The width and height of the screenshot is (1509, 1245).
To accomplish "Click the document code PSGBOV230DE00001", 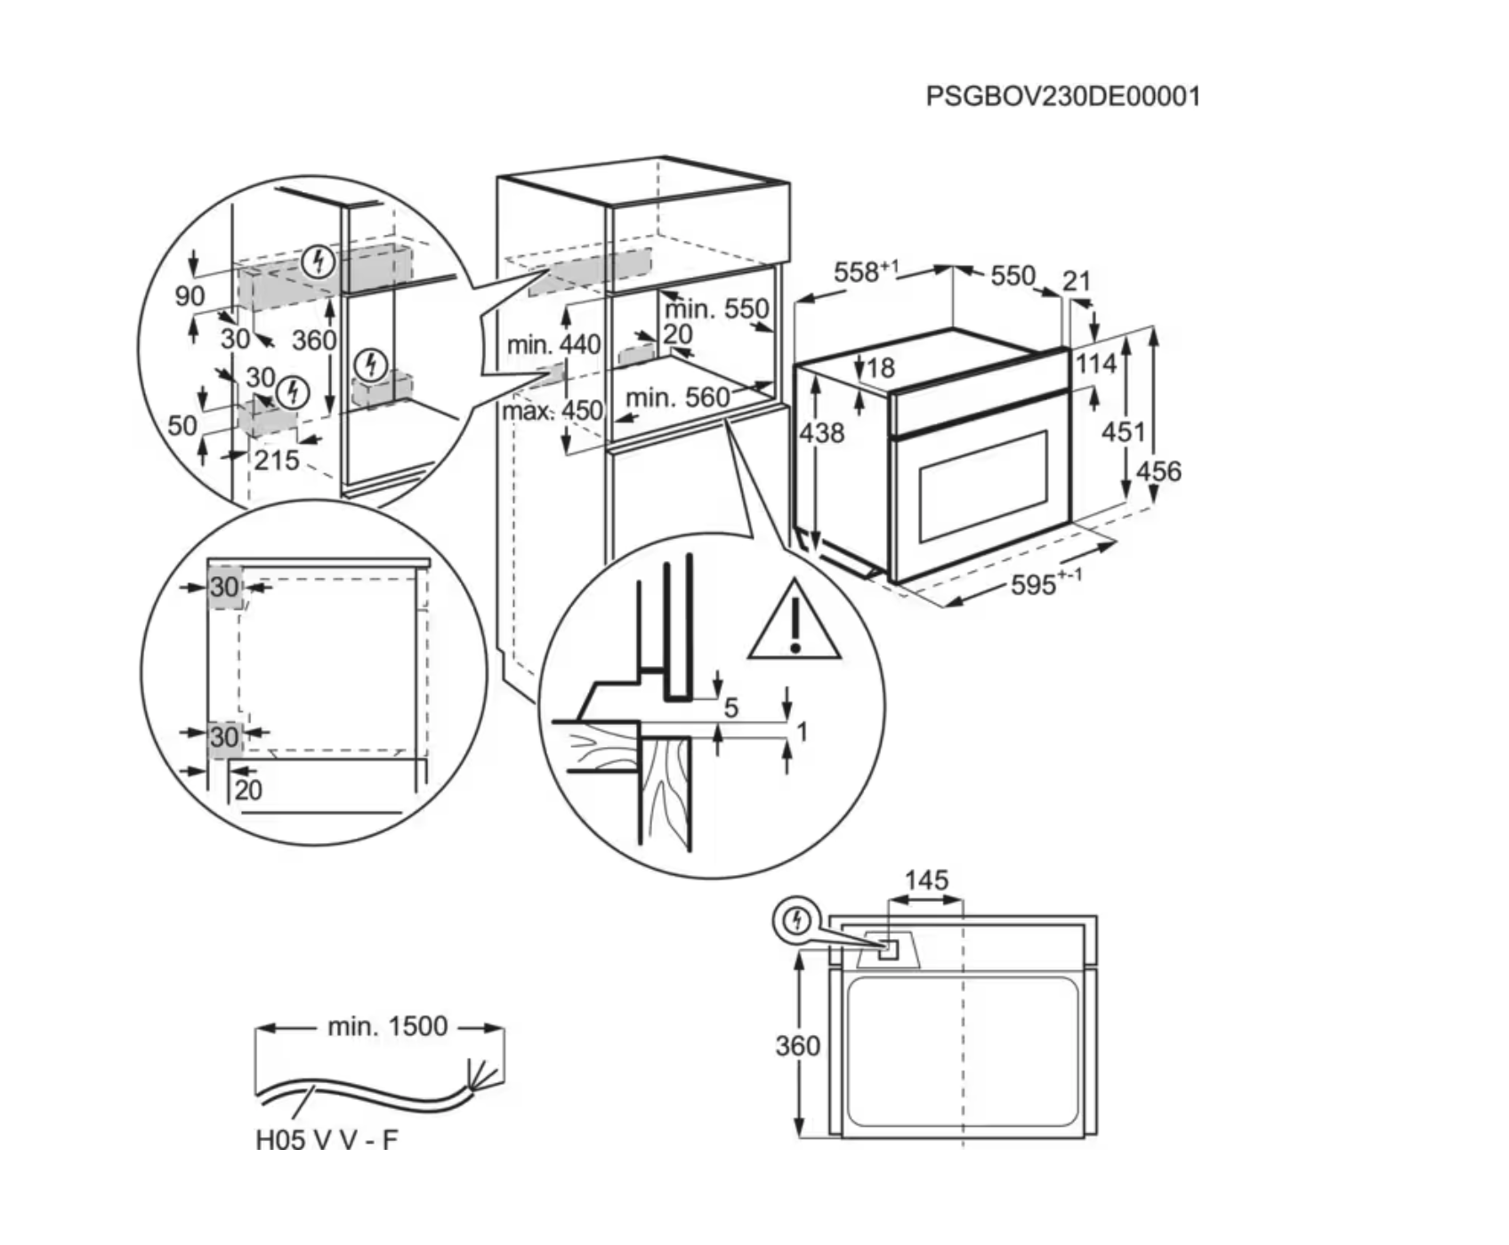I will point(1062,96).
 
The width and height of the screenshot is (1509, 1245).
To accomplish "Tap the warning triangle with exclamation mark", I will point(795,622).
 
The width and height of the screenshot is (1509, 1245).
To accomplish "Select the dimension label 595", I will point(1034,585).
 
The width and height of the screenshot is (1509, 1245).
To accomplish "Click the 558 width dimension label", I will point(856,273).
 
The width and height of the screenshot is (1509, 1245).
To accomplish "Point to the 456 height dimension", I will point(1158,470).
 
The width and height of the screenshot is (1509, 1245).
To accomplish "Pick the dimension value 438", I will point(821,433).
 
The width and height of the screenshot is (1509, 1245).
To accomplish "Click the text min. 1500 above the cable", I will point(387,1026).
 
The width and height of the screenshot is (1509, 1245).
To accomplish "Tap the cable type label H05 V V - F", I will point(327,1140).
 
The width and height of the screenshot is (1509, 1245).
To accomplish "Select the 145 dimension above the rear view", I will point(926,880).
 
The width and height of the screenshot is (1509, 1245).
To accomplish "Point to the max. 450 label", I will point(552,411).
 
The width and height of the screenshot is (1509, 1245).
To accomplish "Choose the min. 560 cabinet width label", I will point(677,398).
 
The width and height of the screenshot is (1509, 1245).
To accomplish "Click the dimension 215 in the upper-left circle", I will point(276,460).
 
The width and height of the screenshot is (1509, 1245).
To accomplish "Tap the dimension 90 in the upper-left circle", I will point(190,295).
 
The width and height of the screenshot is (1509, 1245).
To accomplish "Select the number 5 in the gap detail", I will point(731,708).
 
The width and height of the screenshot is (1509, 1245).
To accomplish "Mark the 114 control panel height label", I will point(1095,364).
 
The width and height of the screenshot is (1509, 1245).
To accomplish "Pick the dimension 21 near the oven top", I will point(1077,281).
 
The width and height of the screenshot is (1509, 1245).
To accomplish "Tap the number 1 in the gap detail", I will point(802,732).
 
